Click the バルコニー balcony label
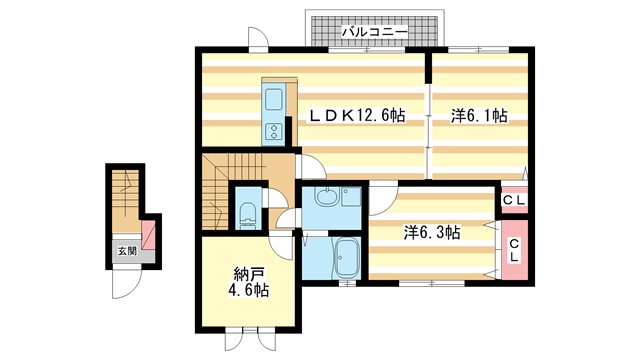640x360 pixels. click(x=374, y=31)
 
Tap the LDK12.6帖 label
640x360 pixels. click(x=356, y=116)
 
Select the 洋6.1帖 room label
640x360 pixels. click(x=479, y=116)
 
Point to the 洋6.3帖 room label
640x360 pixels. click(x=432, y=233)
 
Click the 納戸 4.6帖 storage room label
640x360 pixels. click(x=249, y=282)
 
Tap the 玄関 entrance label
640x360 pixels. click(x=127, y=251)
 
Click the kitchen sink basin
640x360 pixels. click(x=273, y=99)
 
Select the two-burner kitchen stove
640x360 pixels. click(x=273, y=131)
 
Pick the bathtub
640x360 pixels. click(x=347, y=257)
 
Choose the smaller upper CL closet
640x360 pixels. click(x=514, y=200)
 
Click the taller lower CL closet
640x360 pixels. click(x=514, y=250)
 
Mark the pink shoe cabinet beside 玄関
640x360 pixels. click(x=148, y=235)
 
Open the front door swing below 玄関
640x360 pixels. click(x=127, y=281)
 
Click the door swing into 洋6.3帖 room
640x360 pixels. click(x=383, y=199)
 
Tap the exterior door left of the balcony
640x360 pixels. click(x=259, y=39)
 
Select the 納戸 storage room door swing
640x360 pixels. click(x=282, y=247)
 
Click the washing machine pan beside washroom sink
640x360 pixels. click(x=351, y=197)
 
